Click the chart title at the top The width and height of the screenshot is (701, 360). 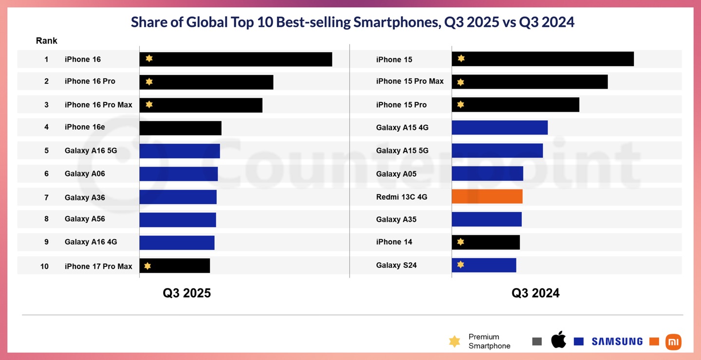[x=352, y=22]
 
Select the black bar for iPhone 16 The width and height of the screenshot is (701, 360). [x=236, y=59]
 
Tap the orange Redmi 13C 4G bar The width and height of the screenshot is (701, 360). [x=487, y=196]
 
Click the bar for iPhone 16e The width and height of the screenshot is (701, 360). [x=180, y=128]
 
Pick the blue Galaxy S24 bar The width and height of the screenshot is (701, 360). [x=484, y=265]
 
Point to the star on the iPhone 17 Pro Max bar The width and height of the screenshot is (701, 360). [x=148, y=265]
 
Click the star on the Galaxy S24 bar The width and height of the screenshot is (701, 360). [x=461, y=265]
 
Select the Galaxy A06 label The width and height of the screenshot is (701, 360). [x=85, y=173]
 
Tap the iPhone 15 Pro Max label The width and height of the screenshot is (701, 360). [x=410, y=81]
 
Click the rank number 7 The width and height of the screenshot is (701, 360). [x=47, y=197]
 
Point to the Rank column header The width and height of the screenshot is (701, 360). [x=47, y=41]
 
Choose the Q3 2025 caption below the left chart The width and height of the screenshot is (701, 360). [x=187, y=293]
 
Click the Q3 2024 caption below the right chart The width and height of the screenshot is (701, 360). [x=535, y=293]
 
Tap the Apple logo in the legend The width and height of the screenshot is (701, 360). [x=559, y=340]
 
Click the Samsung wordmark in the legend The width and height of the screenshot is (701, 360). [x=617, y=341]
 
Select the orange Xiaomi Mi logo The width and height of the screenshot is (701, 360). [x=673, y=341]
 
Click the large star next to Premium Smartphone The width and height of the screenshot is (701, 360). [x=454, y=341]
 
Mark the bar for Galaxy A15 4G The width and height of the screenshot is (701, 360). [x=499, y=128]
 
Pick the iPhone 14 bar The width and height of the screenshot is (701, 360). [x=486, y=242]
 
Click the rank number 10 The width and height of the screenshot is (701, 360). [x=44, y=266]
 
